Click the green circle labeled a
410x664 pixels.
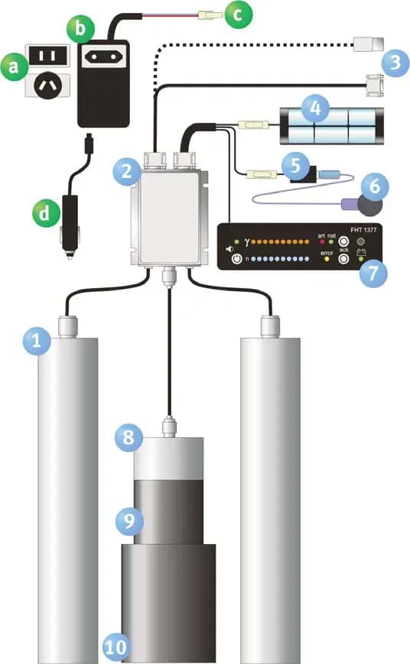[15, 66]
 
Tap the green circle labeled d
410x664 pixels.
[46, 212]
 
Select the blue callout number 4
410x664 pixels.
[315, 109]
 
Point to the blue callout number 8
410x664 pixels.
[129, 437]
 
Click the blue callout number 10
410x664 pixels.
[116, 647]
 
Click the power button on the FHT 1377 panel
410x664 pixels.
[236, 258]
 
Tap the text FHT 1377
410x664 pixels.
[363, 230]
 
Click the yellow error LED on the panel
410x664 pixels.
[327, 259]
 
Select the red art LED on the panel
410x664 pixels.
[322, 241]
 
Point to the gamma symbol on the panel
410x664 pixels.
[247, 241]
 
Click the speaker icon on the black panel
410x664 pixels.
[229, 249]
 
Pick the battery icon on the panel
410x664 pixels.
[361, 252]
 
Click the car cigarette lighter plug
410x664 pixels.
[69, 226]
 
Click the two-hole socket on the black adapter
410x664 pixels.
[103, 56]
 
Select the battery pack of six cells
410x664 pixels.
[332, 126]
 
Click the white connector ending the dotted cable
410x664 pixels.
[369, 44]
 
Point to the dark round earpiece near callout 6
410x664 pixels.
[370, 204]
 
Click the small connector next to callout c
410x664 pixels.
[210, 16]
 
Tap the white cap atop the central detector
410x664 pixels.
[169, 458]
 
